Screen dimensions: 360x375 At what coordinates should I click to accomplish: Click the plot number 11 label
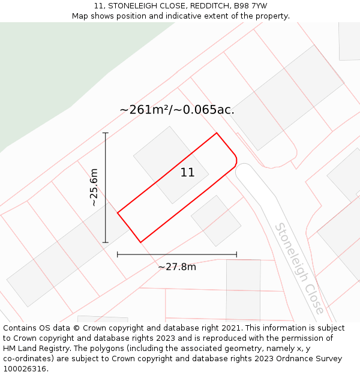click(x=187, y=173)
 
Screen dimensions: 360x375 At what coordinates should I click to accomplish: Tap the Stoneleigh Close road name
click(x=299, y=268)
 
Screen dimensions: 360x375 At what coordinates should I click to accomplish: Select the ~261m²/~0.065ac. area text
click(x=177, y=110)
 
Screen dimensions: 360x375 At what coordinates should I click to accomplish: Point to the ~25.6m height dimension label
click(x=94, y=188)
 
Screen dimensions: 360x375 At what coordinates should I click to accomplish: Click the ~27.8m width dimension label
click(x=177, y=267)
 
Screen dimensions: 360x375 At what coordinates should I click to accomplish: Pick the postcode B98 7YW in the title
click(x=250, y=6)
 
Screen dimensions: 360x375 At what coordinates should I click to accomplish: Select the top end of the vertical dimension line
click(x=106, y=133)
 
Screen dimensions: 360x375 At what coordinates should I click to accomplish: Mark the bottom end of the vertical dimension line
click(x=106, y=242)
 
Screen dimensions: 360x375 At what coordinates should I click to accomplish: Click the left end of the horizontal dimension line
click(x=118, y=254)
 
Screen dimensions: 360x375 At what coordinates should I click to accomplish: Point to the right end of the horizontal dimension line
click(x=236, y=254)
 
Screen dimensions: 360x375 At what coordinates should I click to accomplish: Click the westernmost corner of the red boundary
click(x=118, y=212)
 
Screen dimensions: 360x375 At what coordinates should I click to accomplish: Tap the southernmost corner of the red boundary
click(x=140, y=242)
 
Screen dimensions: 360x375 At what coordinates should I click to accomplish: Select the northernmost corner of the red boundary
click(x=216, y=133)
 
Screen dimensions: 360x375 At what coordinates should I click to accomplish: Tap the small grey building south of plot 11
click(x=216, y=221)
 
